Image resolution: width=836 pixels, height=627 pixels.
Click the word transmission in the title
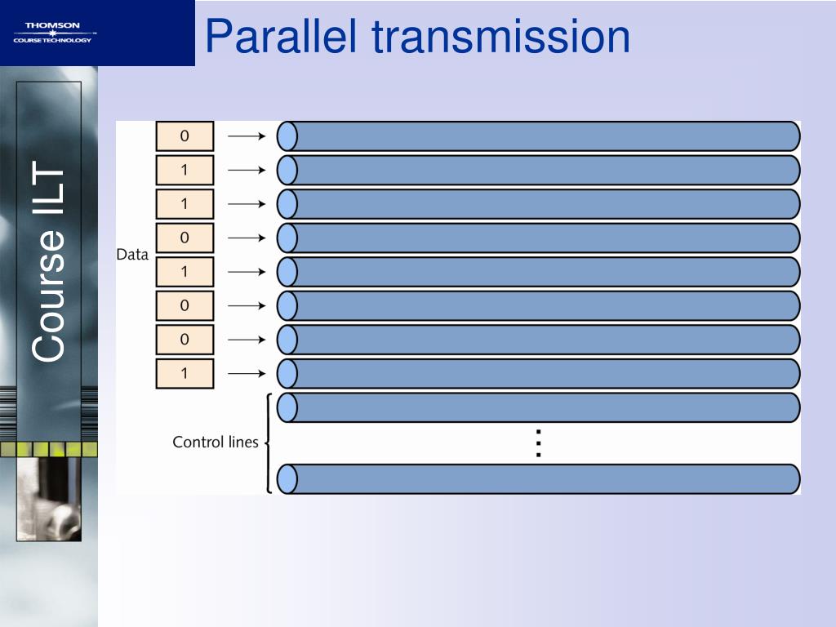pyautogui.click(x=502, y=37)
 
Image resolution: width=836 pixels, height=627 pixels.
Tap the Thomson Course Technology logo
pyautogui.click(x=54, y=33)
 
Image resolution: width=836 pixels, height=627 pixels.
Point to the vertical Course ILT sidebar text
pyautogui.click(x=49, y=263)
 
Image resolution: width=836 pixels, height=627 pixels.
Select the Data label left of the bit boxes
pyautogui.click(x=132, y=255)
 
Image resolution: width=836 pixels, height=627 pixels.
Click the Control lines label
pyautogui.click(x=215, y=442)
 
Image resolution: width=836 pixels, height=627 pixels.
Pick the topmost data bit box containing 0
pyautogui.click(x=185, y=136)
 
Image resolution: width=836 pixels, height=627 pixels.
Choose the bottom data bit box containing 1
pyautogui.click(x=185, y=374)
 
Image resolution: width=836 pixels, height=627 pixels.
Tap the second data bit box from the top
pyautogui.click(x=185, y=171)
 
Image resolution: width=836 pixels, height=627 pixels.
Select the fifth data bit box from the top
pyautogui.click(x=185, y=272)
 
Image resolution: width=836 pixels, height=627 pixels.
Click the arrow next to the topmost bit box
pyautogui.click(x=246, y=136)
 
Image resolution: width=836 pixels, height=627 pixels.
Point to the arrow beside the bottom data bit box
pyautogui.click(x=246, y=374)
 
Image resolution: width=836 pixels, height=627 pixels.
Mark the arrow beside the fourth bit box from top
pyautogui.click(x=246, y=238)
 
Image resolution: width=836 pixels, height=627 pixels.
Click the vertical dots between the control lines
pyautogui.click(x=538, y=442)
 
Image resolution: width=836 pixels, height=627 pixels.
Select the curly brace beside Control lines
pyautogui.click(x=269, y=442)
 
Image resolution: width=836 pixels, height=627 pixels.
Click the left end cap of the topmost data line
pyautogui.click(x=286, y=136)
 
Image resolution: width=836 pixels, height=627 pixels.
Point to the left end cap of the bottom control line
pyautogui.click(x=286, y=479)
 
